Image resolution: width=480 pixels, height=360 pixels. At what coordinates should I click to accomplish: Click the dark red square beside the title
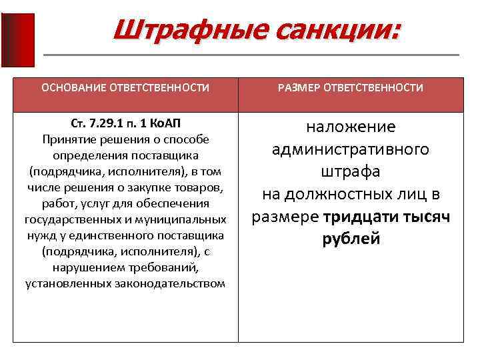tap(18, 40)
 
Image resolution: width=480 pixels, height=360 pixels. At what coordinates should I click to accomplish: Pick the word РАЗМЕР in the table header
tap(299, 88)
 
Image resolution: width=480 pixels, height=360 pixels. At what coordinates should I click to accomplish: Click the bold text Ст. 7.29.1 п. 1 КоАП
tap(125, 123)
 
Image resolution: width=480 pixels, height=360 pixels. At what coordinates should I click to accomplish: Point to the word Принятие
tap(69, 139)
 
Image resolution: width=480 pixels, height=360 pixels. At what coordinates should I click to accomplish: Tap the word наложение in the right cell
tap(351, 127)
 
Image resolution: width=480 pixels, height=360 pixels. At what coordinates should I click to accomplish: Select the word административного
tap(351, 149)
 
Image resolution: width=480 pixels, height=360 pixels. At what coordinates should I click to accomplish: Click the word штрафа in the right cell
tap(351, 171)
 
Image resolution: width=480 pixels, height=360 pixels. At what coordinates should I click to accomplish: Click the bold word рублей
tap(351, 239)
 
